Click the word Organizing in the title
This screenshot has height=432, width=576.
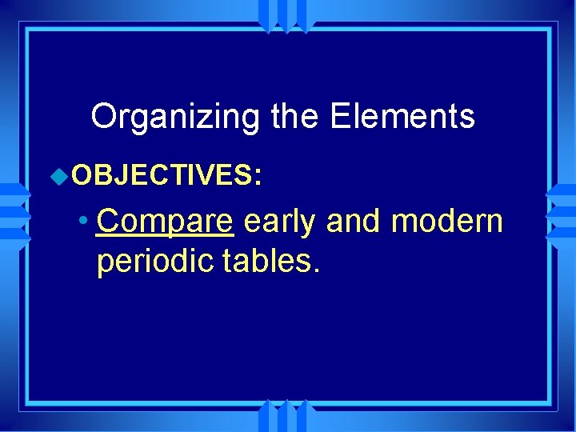click(x=175, y=117)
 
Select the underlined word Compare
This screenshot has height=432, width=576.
click(x=164, y=221)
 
